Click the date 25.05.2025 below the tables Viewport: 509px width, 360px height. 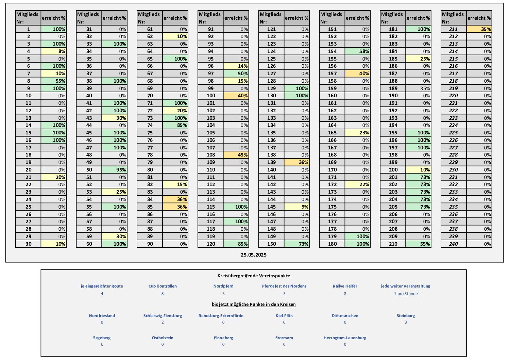pos(254,255)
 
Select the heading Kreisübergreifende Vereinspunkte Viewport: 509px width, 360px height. pos(254,276)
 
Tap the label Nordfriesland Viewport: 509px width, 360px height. pos(102,316)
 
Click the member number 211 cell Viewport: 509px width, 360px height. pos(453,29)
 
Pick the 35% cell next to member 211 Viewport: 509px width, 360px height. pos(479,29)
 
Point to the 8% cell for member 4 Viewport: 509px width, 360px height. pos(54,51)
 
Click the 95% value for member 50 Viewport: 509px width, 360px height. pos(114,170)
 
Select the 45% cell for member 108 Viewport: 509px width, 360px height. pos(236,155)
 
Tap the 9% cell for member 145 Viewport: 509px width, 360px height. pos(297,207)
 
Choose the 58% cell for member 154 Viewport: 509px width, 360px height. pos(357,51)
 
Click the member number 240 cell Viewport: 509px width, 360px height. pos(453,244)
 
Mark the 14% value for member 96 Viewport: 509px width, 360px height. pos(236,66)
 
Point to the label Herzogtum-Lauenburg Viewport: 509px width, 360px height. pos(345,338)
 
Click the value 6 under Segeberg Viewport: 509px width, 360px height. pos(102,344)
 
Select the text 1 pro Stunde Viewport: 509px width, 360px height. pos(406,294)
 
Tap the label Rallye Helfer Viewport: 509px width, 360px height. pos(345,286)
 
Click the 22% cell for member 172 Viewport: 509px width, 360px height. pos(357,184)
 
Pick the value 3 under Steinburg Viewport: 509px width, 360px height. pos(406,322)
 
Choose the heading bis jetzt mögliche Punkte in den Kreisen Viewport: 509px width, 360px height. pos(254,304)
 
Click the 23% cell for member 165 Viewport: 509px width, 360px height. pos(357,133)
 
